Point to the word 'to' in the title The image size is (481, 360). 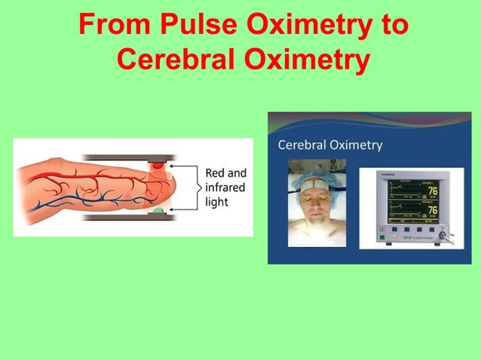[389, 26]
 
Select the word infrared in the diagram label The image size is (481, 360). [225, 188]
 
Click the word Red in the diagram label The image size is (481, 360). [215, 173]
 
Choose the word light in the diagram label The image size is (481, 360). [216, 202]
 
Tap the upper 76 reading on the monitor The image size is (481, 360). [432, 191]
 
